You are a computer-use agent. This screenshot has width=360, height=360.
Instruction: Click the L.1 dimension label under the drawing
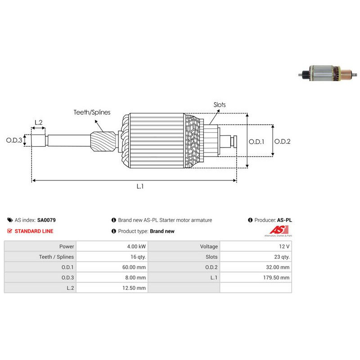point(140,186)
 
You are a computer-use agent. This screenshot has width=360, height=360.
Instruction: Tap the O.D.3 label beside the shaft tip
point(14,140)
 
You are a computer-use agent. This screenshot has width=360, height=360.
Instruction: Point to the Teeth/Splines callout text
point(92,112)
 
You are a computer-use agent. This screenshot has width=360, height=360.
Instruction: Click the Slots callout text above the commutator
point(220,105)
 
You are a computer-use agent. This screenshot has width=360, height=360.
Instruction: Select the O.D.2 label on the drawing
point(283,141)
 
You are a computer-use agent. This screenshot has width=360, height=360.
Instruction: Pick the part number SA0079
point(46,220)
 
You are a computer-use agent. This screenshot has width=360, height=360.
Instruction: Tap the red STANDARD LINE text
point(34,231)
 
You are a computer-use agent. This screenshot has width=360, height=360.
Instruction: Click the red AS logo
point(279,230)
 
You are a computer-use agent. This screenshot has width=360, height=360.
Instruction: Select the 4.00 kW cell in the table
point(136,246)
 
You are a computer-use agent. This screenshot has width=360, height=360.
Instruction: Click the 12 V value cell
point(284,246)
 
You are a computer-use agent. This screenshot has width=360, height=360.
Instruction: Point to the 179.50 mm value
point(276,278)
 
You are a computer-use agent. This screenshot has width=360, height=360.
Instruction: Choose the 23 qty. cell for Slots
point(282,257)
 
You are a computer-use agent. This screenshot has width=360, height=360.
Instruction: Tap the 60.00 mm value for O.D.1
point(134,267)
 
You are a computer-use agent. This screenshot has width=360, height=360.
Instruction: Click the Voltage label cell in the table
point(209,246)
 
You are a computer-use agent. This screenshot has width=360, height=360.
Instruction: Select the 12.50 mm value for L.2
point(134,288)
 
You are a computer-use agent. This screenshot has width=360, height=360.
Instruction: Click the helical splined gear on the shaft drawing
point(103,141)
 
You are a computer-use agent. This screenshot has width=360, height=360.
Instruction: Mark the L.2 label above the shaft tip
point(39,122)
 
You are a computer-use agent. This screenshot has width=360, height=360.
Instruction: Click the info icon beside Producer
point(250,220)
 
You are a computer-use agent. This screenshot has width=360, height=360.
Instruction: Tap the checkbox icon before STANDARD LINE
point(9,231)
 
